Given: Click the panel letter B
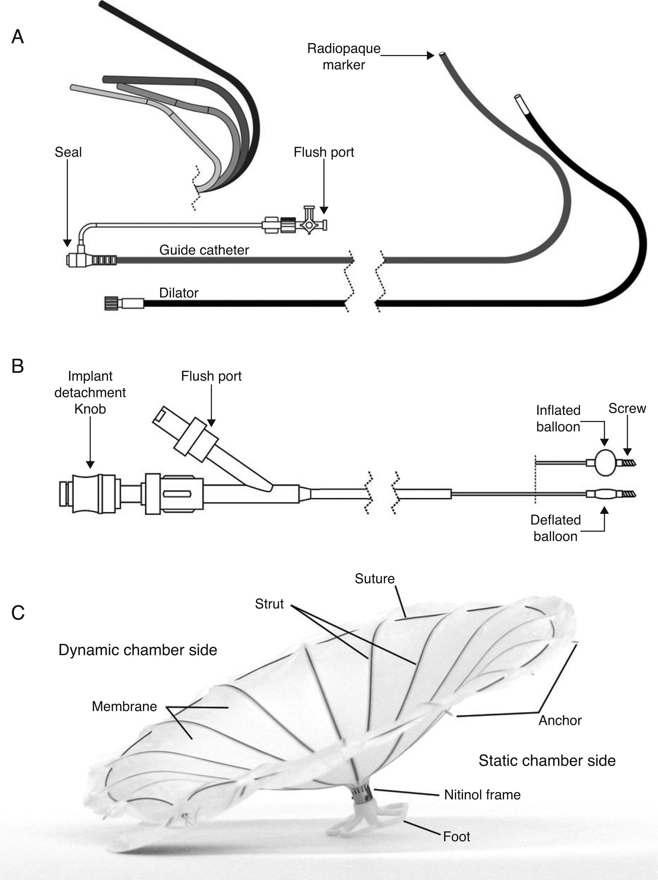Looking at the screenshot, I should (x=17, y=366).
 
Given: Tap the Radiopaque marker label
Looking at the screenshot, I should (x=344, y=56).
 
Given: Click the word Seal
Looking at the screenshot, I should (x=68, y=152).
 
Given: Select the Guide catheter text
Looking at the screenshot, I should (x=204, y=250).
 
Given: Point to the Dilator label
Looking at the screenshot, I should (x=179, y=293).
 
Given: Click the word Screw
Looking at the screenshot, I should (x=627, y=408).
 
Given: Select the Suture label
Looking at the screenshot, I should (x=374, y=579).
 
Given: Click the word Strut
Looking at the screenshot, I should (x=269, y=604).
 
